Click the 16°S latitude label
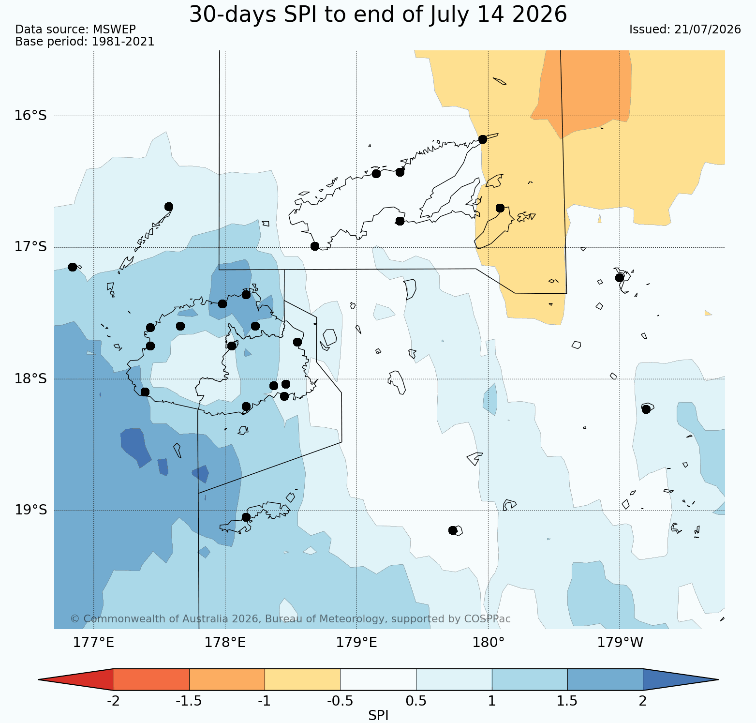pos(31,116)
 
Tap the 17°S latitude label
pos(31,247)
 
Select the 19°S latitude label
pos(31,510)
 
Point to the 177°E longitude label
pos(93,643)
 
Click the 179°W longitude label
pos(620,643)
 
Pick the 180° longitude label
pos(488,643)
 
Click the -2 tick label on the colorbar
pos(113,701)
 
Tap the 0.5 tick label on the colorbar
pos(416,701)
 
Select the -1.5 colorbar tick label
pos(189,701)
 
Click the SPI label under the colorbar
pos(378,716)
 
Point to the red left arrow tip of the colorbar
pos(39,679)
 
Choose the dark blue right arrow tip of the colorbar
pos(718,679)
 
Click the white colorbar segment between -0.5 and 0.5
pos(378,679)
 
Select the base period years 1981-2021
pos(123,42)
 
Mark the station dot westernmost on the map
pos(73,267)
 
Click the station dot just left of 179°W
pos(620,278)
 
